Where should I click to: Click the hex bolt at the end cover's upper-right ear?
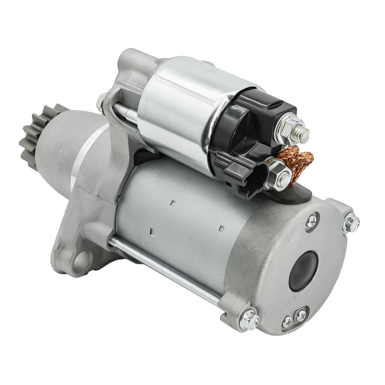(x=351, y=222)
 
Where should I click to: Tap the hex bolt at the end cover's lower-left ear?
(x=249, y=319)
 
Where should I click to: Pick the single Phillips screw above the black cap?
(x=311, y=220)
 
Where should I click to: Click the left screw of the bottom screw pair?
(x=287, y=321)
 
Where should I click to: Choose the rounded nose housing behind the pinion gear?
(x=72, y=144)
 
